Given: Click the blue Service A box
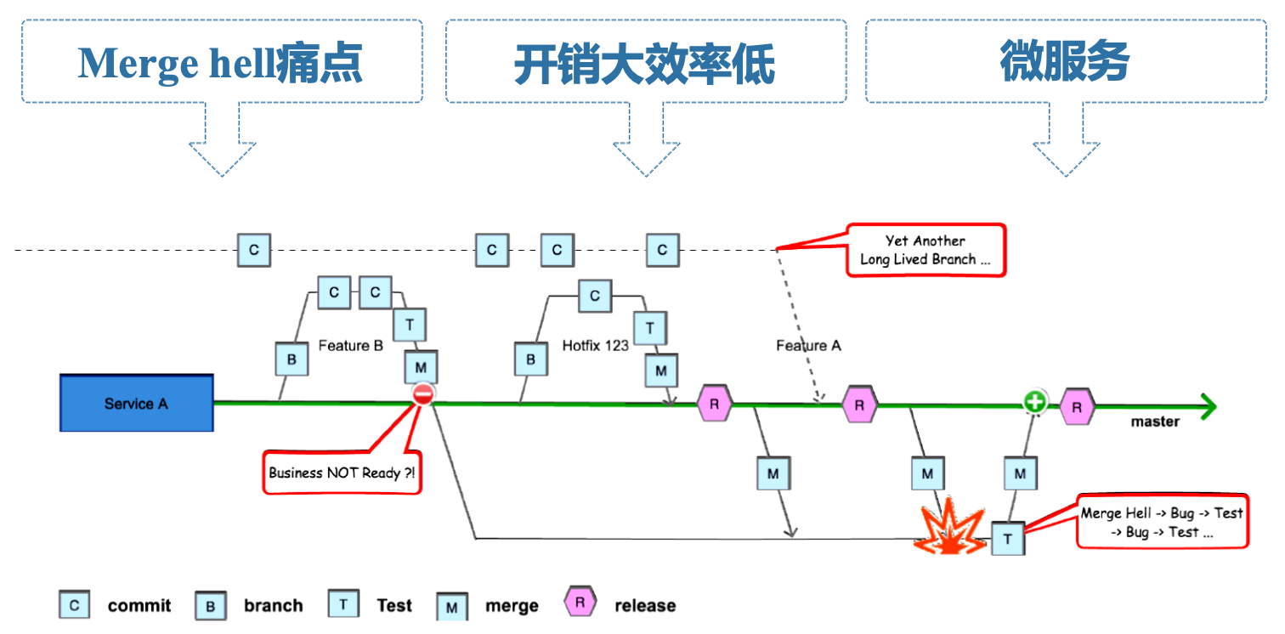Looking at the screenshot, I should pos(136,403).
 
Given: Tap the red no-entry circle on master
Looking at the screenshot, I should pos(423,393).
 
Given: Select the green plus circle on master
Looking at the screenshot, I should pos(1034,401).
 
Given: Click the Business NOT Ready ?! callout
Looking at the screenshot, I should pos(342,473).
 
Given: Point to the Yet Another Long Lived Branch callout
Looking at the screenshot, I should pos(926,250).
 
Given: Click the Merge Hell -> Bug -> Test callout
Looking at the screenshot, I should pos(1162,522).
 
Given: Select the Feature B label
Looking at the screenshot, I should pos(350,346).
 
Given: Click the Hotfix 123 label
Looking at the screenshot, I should pos(595,346).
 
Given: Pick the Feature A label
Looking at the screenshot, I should pos(808,346).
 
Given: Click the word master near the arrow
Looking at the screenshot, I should pos(1154,422).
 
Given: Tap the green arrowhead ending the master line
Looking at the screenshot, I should pos(1207,406).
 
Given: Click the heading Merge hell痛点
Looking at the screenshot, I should pos(221,63).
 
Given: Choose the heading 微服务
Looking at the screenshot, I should pos(1065,62).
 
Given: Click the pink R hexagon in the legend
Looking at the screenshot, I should pos(580,603).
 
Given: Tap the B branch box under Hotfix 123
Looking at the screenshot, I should pos(530,359).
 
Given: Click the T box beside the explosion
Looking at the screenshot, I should pos(1008,538).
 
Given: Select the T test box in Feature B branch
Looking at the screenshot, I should pos(410,325).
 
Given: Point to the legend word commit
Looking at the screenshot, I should pos(139,606).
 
